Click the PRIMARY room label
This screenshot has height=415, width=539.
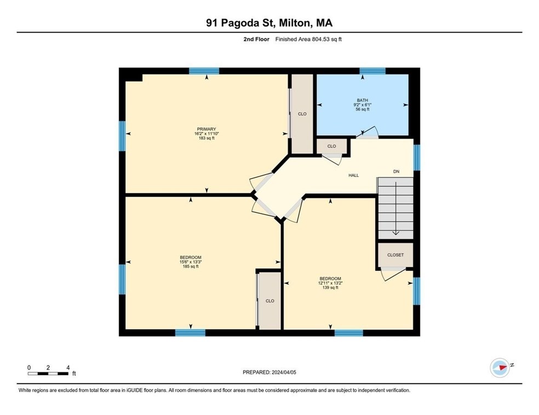(207, 129)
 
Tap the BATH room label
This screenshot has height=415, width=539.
(362, 100)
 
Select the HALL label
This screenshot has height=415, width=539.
(353, 175)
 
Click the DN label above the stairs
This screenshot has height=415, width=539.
(397, 171)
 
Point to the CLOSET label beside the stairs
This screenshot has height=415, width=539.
(395, 255)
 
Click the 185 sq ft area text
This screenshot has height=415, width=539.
(191, 266)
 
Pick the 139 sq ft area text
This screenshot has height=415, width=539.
(330, 287)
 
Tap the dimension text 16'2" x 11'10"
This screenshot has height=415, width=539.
(207, 134)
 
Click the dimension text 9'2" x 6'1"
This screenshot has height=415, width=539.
(362, 105)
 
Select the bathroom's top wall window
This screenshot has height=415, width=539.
(372, 71)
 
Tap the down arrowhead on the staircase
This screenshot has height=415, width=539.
(395, 233)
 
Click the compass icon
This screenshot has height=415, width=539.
(500, 367)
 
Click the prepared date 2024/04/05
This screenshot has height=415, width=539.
(284, 372)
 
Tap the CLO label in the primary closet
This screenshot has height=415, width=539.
(302, 114)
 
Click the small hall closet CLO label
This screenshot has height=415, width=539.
(331, 146)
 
